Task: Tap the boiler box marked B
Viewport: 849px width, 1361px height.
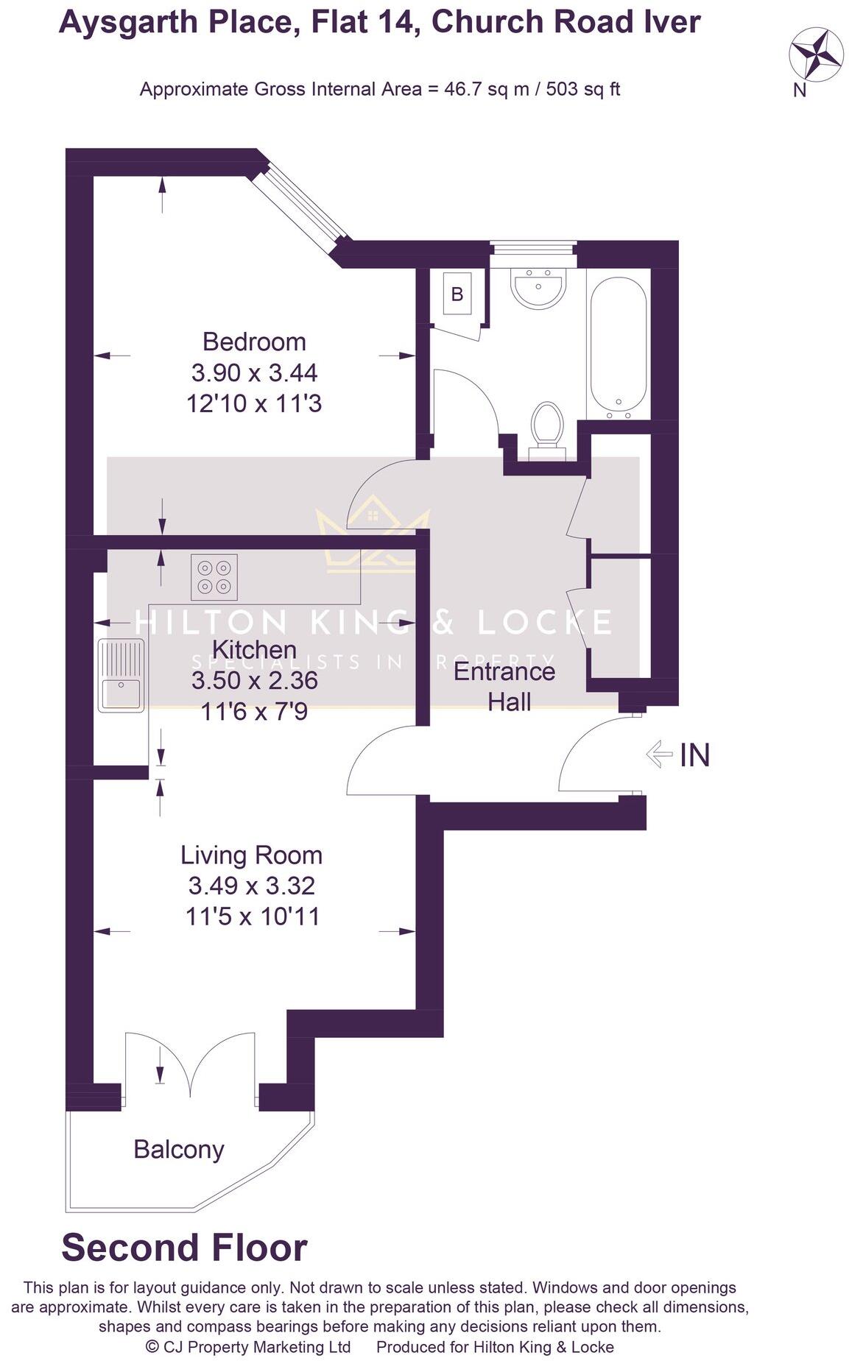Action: tap(457, 294)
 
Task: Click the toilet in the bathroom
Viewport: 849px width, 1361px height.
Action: tap(546, 425)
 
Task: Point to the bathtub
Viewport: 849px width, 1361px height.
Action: tap(619, 346)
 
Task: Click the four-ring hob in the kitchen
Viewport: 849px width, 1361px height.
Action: tap(214, 576)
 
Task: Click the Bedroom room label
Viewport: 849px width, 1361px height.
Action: tap(254, 342)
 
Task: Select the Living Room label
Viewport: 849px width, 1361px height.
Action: tap(252, 855)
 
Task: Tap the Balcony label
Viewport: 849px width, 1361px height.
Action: tap(179, 1149)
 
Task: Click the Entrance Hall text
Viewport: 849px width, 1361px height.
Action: tap(505, 686)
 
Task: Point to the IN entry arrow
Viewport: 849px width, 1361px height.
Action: tap(659, 754)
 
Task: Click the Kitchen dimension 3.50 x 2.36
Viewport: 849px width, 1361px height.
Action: tap(254, 680)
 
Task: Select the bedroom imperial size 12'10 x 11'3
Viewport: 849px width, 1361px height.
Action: tap(254, 404)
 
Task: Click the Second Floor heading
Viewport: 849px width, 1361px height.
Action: tap(184, 1248)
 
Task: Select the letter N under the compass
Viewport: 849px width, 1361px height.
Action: tap(800, 91)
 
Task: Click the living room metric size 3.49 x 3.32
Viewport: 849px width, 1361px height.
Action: tap(252, 885)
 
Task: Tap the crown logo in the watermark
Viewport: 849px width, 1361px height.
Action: tap(372, 539)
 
